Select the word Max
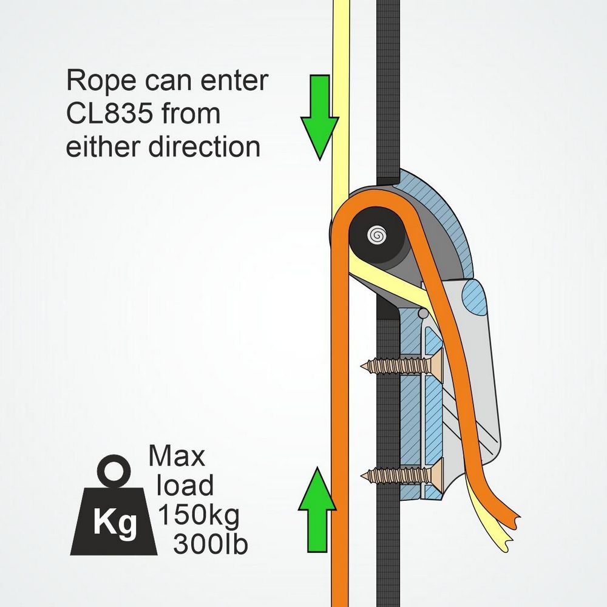(x=177, y=455)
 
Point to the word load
(x=185, y=486)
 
